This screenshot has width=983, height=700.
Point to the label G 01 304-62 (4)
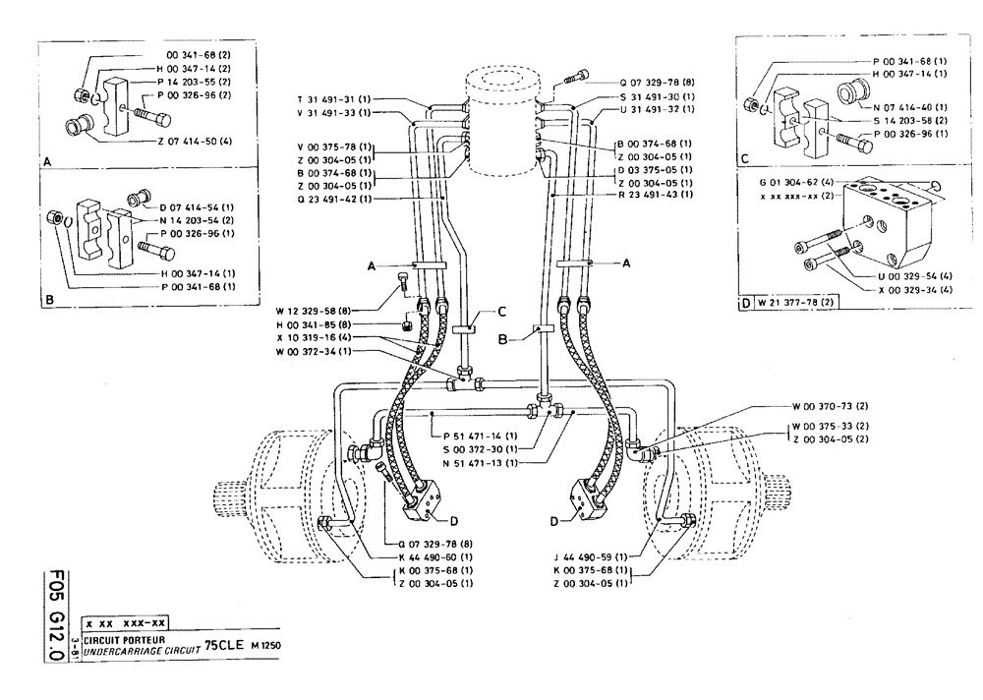pyautogui.click(x=799, y=183)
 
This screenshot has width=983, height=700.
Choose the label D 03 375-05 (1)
pyautogui.click(x=654, y=168)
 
